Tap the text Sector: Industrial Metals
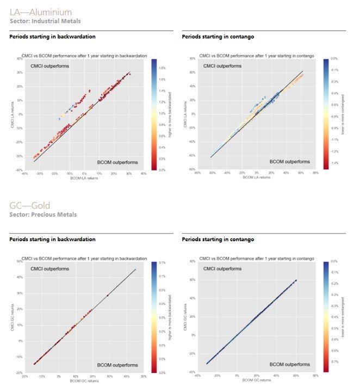click(45, 21)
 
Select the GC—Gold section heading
click(30, 206)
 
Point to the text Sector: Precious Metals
click(43, 215)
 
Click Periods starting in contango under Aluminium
click(218, 36)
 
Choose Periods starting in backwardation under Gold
click(53, 240)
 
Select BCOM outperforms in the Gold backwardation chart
click(117, 364)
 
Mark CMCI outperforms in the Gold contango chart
click(221, 269)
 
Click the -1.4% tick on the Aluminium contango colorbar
click(336, 162)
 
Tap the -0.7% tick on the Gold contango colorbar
click(336, 360)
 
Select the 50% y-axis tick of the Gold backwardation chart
click(19, 262)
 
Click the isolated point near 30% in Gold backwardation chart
click(108, 296)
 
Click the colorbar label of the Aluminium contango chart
click(346, 114)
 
